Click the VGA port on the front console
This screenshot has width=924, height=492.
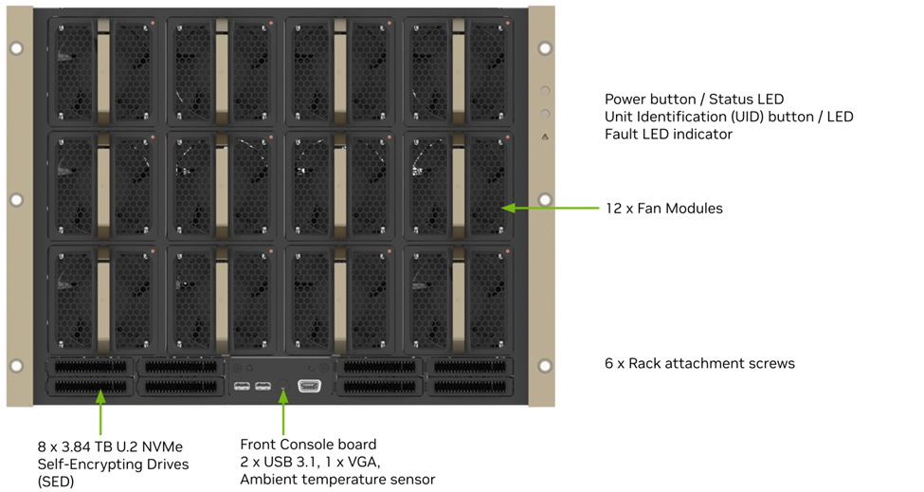(310, 386)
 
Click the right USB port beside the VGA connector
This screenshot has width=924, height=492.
(263, 386)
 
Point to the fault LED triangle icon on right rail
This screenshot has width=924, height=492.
(545, 137)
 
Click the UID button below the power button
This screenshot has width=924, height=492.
(545, 114)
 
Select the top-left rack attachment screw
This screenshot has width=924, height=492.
(15, 47)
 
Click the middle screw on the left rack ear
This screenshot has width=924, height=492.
(15, 200)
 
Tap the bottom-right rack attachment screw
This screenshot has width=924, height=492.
(545, 366)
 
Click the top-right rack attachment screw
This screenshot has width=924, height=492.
(545, 47)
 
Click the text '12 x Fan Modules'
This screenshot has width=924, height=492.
(663, 209)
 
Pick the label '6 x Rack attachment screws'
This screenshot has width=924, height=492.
(699, 363)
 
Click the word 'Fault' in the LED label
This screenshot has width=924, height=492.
(624, 135)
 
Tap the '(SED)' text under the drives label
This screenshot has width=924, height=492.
(56, 481)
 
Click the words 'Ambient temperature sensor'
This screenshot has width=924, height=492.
(336, 480)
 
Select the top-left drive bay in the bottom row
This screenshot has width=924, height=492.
(90, 366)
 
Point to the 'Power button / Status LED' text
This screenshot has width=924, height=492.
(694, 100)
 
